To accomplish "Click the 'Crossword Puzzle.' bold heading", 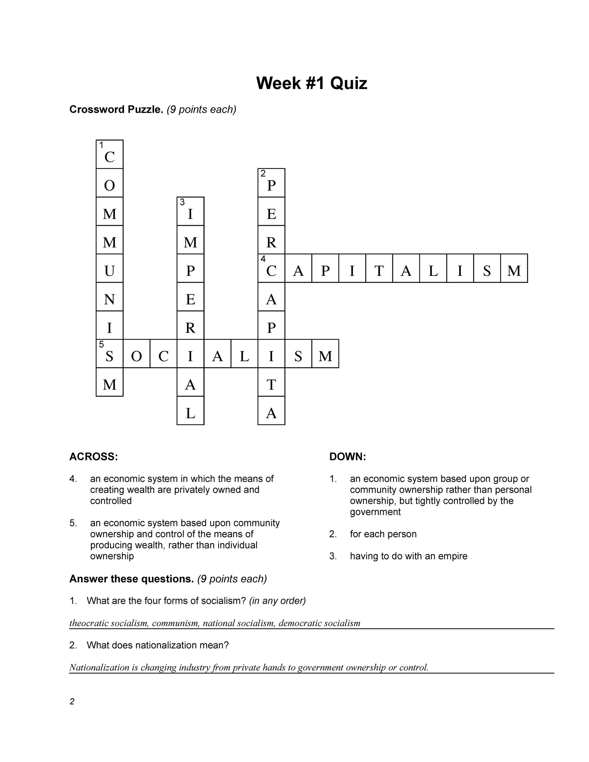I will click(116, 110).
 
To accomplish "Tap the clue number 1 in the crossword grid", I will click(101, 145).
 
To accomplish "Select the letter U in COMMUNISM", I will click(110, 271).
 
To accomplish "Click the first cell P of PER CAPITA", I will click(271, 185).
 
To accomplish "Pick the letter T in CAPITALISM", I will click(379, 271).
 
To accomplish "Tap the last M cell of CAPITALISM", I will click(514, 271).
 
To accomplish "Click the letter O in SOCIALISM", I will click(137, 356).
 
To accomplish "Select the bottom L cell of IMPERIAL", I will click(190, 413).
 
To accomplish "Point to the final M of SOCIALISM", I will click(325, 356).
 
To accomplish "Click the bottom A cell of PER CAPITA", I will click(271, 413).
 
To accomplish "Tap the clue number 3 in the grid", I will click(182, 202).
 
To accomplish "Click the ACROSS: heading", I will click(94, 457).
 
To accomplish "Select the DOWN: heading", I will click(347, 457).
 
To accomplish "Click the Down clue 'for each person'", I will click(383, 534).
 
